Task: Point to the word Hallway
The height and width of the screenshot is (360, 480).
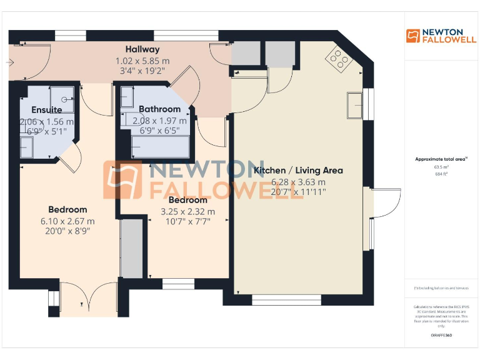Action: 142,49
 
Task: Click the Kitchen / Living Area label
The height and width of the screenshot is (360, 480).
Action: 298,170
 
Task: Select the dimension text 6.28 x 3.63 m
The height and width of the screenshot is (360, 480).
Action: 298,182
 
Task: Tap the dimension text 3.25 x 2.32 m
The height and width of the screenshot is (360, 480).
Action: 187,211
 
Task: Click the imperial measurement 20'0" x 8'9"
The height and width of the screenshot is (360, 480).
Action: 68,231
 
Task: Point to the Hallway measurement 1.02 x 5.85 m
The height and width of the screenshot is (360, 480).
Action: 142,61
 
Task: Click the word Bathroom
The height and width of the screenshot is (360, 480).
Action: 159,109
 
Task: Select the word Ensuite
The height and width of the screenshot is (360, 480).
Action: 47,110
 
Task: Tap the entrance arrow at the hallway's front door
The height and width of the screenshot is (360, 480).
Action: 9,62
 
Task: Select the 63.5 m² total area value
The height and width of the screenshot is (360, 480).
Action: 441,167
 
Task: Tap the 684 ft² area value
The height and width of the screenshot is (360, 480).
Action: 441,174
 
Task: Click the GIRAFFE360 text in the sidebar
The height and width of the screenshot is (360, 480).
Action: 441,336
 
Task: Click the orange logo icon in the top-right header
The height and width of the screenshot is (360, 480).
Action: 412,36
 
